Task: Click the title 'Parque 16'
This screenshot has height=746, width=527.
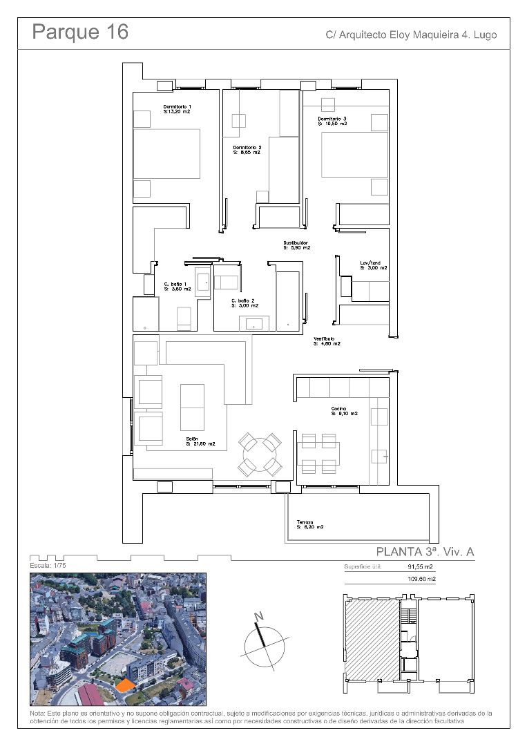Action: (80, 32)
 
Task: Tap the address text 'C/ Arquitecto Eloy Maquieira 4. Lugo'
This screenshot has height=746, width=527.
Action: (411, 35)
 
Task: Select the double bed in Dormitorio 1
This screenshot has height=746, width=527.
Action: (166, 153)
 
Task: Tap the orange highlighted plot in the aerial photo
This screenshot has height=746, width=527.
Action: (124, 685)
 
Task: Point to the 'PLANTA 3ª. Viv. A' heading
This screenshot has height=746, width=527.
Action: (425, 552)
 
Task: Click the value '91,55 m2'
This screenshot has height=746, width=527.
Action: (422, 567)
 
